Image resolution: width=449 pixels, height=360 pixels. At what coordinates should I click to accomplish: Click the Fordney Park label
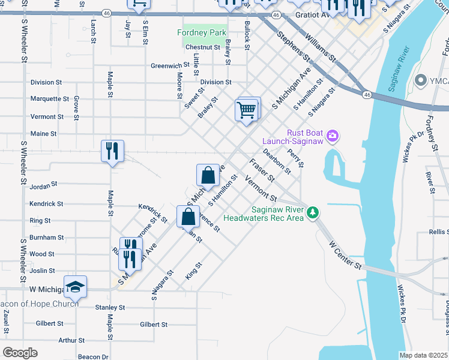[x=200, y=32]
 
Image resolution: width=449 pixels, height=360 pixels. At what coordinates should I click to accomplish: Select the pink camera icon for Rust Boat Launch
[x=333, y=137]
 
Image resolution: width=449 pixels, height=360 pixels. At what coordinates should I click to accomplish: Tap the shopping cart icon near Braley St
[x=246, y=110]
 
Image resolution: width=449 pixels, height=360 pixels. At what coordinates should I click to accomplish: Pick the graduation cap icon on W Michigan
[x=75, y=286]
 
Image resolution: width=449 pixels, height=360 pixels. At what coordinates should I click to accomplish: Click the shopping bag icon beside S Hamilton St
[x=208, y=175]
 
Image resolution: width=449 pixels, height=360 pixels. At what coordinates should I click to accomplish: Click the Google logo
[x=20, y=353]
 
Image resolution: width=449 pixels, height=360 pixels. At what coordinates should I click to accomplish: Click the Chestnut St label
[x=203, y=47]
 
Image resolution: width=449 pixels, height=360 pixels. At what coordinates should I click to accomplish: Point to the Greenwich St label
[x=170, y=66]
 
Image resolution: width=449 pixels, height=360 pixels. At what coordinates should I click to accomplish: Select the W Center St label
[x=347, y=254]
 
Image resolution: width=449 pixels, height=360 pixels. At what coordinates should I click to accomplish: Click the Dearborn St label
[x=278, y=161]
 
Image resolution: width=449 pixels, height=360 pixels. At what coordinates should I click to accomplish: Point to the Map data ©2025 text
[x=424, y=355]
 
